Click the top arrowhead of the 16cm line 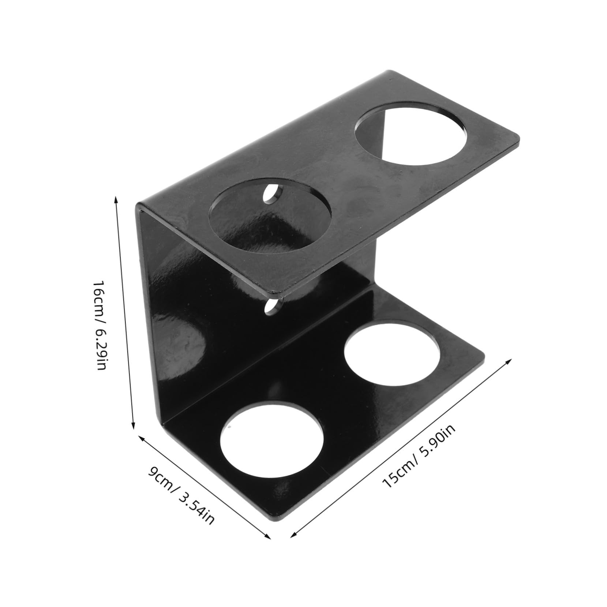tap(116, 198)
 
